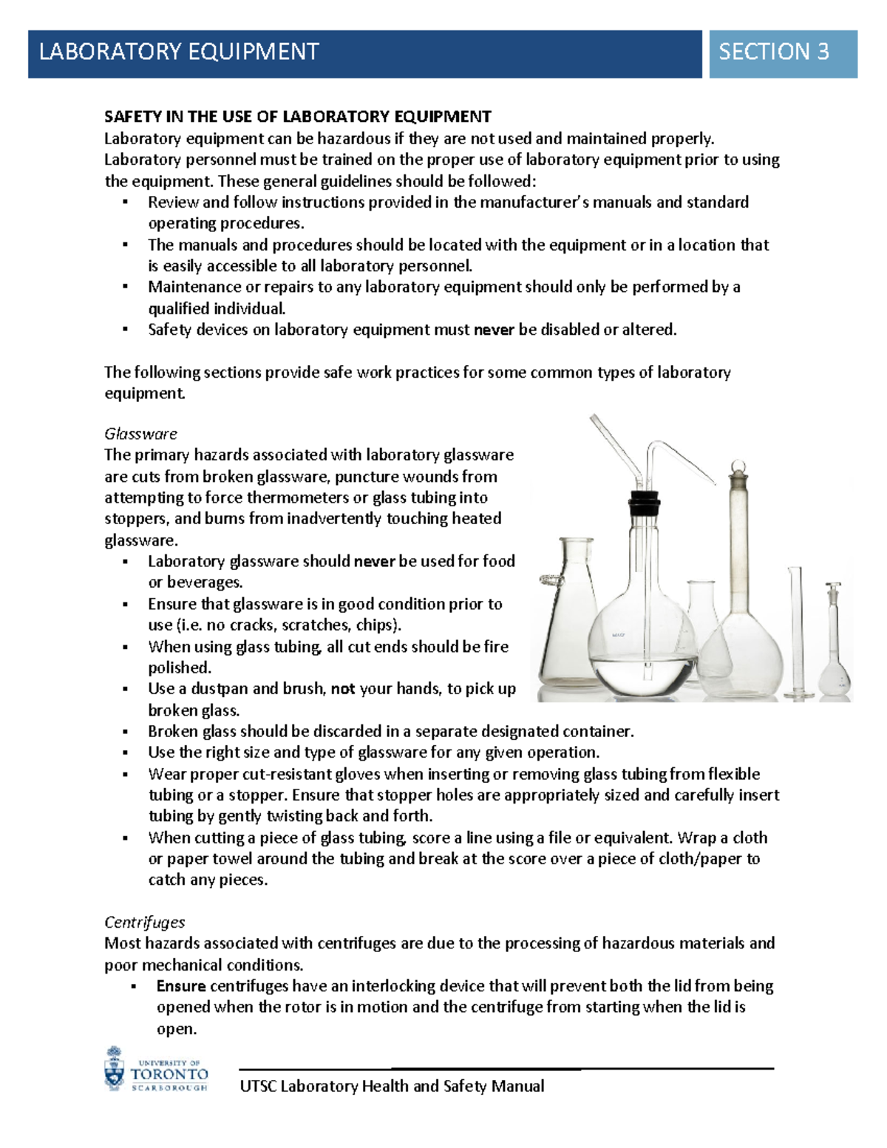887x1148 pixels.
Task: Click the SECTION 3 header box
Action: click(782, 53)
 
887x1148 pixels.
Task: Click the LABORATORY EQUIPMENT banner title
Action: click(179, 52)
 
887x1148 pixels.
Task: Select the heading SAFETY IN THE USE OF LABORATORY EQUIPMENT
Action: click(297, 116)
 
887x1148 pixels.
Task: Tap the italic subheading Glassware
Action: click(140, 433)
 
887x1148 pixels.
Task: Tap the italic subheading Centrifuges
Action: click(144, 922)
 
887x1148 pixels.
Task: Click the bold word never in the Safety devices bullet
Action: click(493, 330)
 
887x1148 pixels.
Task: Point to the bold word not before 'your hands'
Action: click(342, 689)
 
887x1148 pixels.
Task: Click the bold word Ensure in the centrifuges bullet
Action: click(181, 986)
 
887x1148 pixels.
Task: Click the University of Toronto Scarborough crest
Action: click(115, 1069)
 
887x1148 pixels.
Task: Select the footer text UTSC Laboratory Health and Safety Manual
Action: click(392, 1086)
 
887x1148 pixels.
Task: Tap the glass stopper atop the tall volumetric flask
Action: click(738, 469)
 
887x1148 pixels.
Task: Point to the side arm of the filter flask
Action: click(548, 580)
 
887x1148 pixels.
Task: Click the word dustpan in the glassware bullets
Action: click(220, 689)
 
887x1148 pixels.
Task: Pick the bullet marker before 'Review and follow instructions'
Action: click(126, 203)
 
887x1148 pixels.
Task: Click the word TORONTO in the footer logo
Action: click(169, 1074)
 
